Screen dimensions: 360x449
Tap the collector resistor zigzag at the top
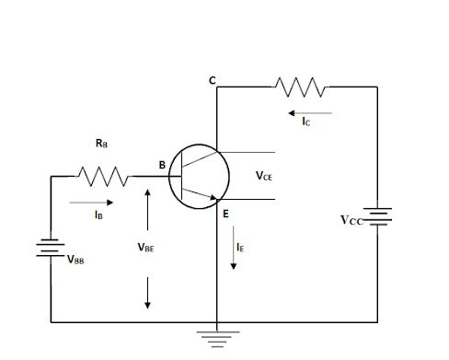(299, 87)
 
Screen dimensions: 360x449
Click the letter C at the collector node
(212, 82)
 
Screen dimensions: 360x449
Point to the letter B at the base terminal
(162, 166)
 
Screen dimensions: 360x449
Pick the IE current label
(238, 247)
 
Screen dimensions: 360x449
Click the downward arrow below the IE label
(235, 261)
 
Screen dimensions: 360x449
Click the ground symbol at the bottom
(215, 337)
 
